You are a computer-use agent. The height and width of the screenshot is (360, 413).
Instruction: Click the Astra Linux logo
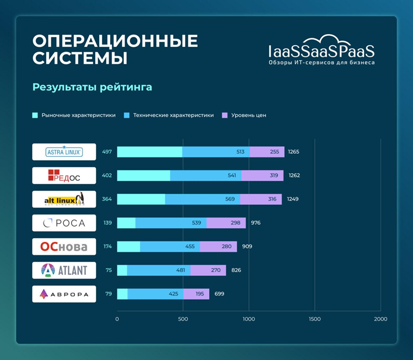[64, 152]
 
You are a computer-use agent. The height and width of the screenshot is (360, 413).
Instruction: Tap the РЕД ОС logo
[64, 176]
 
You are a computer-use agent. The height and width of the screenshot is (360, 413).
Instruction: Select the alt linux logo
[64, 199]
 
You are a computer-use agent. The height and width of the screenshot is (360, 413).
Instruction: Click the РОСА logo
[64, 223]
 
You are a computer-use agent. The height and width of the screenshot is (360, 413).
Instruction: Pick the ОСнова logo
[64, 247]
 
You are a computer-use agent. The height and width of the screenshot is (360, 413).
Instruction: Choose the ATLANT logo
[64, 270]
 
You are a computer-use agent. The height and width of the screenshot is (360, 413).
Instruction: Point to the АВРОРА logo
[64, 294]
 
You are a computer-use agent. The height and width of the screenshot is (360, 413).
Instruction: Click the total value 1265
[294, 152]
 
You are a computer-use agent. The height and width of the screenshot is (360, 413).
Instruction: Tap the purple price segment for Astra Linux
[267, 152]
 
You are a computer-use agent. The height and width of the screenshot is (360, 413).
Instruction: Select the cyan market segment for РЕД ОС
[143, 176]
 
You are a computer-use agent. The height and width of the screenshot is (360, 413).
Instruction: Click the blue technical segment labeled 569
[202, 199]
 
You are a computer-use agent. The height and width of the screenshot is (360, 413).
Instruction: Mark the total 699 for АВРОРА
[219, 294]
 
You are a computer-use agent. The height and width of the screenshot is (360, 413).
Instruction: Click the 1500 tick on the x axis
[314, 319]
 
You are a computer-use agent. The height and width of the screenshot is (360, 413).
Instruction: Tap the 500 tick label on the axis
[183, 319]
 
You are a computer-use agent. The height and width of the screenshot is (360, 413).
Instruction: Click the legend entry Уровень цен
[248, 116]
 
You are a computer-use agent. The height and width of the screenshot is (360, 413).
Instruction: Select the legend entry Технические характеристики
[173, 116]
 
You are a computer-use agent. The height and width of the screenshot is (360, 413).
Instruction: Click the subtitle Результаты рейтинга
[92, 87]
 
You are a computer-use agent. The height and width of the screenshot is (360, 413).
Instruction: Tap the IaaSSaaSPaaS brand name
[322, 52]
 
